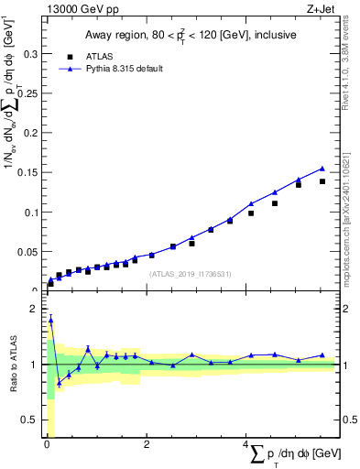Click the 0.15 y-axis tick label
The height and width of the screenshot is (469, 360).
tap(28, 173)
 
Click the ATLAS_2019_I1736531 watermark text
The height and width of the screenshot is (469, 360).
tap(190, 274)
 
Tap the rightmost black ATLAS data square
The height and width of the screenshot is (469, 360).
tap(322, 181)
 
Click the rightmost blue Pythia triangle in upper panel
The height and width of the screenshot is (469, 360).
tap(322, 169)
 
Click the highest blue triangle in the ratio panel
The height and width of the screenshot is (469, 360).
tap(50, 319)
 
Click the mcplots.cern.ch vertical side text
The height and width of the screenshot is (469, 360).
tap(351, 211)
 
